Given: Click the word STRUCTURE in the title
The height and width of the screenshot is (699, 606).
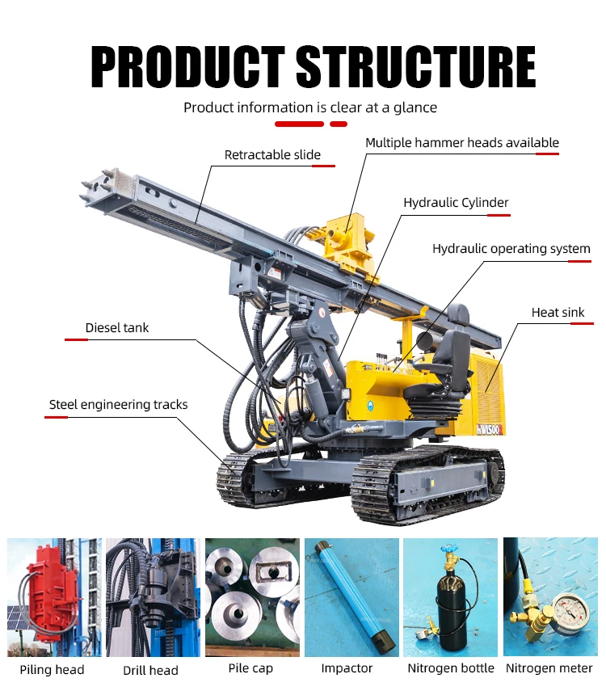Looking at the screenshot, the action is (x=416, y=66).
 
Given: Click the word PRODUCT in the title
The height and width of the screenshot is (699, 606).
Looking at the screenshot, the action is (x=187, y=66).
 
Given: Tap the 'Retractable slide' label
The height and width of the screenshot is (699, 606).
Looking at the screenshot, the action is (x=272, y=154).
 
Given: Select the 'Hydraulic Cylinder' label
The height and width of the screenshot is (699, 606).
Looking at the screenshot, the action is (x=456, y=203).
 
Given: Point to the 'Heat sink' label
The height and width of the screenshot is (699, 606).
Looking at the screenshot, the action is (x=558, y=313).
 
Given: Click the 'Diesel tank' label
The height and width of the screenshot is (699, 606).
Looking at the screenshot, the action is (x=116, y=327).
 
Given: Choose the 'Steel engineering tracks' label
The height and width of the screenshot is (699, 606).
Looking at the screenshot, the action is (x=118, y=405).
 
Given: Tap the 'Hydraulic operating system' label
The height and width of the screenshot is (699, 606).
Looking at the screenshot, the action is (x=511, y=249).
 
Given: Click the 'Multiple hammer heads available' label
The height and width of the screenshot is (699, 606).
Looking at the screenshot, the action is (x=462, y=143).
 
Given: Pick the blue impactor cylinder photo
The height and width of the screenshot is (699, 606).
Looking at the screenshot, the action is (x=352, y=597).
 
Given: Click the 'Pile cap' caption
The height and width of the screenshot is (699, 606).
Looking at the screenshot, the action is (x=250, y=668).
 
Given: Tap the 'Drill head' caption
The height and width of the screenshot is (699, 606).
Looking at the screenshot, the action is (x=150, y=670).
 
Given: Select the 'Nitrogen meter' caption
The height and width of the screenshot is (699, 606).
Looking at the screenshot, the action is (x=549, y=668).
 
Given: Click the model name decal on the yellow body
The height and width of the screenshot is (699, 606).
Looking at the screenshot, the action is (x=490, y=429).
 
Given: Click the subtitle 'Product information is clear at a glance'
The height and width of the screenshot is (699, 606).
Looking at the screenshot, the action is (x=310, y=107).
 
